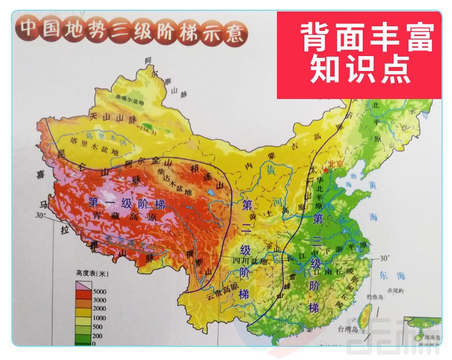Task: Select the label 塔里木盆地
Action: [93, 148]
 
